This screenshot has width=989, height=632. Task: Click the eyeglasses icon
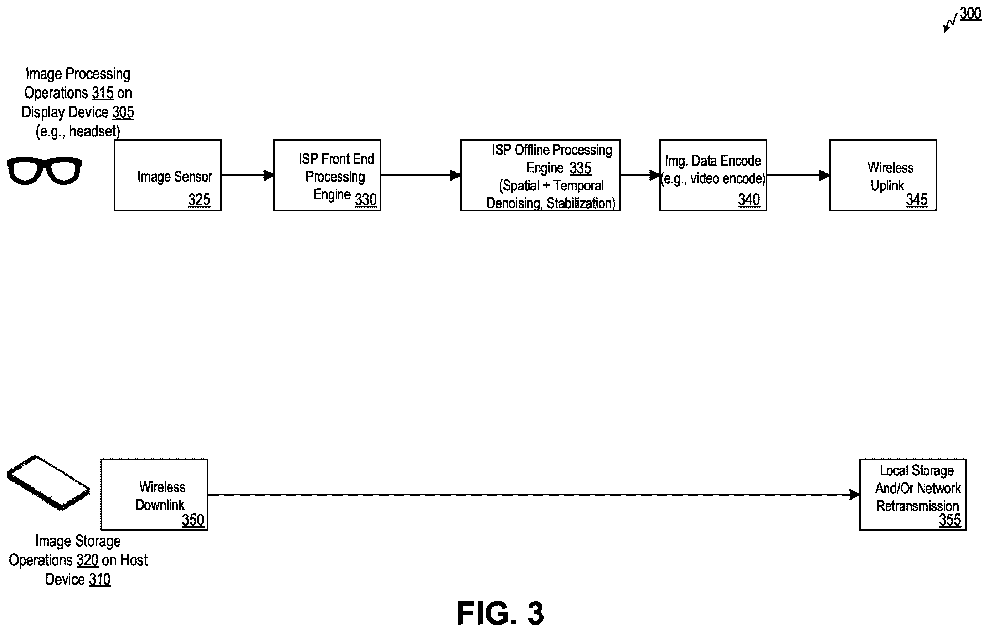44,170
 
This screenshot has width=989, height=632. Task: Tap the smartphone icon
48,483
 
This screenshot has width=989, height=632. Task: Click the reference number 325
199,200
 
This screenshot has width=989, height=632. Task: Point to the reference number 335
580,168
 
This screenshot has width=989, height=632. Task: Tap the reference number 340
749,200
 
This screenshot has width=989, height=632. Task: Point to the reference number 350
192,520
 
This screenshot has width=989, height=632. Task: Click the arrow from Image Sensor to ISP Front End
248,175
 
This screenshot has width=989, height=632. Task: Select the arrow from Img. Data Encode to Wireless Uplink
798,175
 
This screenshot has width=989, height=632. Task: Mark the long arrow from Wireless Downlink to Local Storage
534,495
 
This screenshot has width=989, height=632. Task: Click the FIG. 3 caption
500,613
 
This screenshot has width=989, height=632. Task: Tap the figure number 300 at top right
970,14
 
